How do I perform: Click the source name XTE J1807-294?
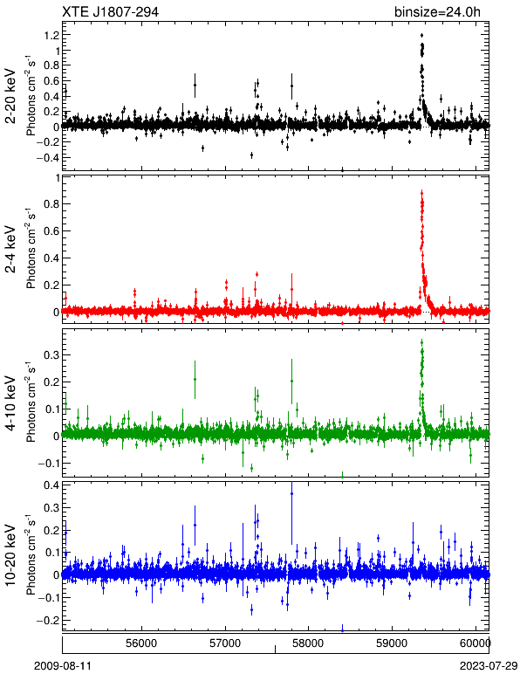110,11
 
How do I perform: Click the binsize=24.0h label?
438,11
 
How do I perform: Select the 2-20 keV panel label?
10,96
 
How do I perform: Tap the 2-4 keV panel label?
10,250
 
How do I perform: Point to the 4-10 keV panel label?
10,403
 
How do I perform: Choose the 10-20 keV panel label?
10,555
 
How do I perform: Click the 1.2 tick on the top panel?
51,35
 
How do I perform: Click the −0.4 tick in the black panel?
47,157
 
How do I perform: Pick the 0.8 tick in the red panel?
51,203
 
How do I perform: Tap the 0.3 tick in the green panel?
51,355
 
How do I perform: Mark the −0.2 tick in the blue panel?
47,620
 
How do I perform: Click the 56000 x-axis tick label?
141,643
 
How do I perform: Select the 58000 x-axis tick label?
308,643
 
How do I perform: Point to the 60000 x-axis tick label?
475,643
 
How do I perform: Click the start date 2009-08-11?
63,666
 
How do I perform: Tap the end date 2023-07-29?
489,666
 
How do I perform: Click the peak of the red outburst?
421,194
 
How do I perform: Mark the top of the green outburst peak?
421,342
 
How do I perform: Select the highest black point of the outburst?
421,35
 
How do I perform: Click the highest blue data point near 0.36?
291,494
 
